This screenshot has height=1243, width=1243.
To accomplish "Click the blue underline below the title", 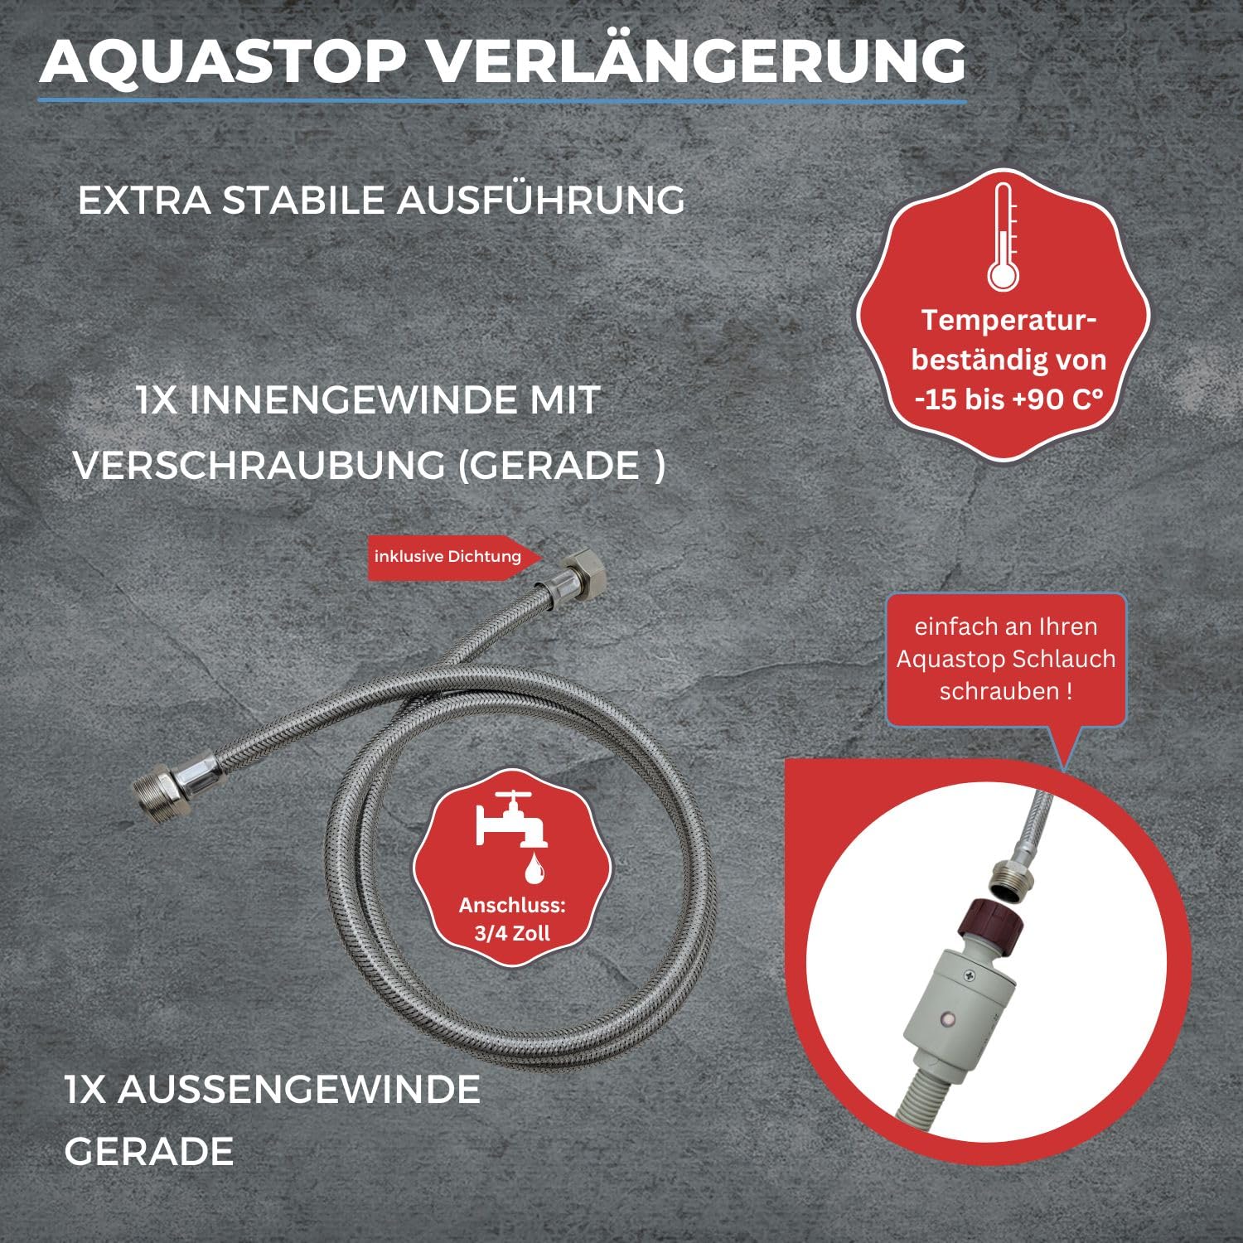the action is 502,101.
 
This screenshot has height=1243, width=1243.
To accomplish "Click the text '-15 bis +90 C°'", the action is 1009,399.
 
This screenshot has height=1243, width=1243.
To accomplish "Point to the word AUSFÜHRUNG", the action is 541,200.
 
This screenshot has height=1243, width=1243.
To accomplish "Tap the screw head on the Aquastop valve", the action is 963,978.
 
